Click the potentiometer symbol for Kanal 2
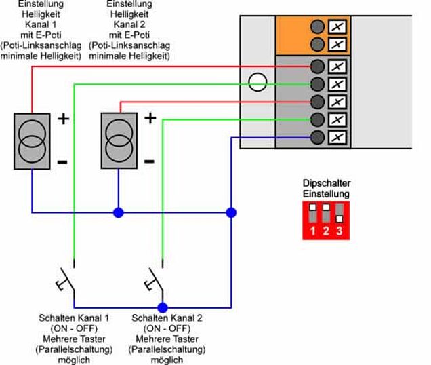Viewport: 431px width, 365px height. pyautogui.click(x=119, y=141)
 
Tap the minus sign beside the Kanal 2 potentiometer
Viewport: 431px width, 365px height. pyautogui.click(x=149, y=161)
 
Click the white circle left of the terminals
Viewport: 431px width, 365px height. pyautogui.click(x=257, y=83)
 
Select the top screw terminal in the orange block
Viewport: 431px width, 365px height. pyautogui.click(x=317, y=27)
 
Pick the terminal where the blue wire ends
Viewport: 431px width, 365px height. pyautogui.click(x=317, y=137)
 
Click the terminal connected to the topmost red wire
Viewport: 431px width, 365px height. pyautogui.click(x=317, y=66)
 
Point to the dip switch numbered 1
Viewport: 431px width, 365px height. pyautogui.click(x=312, y=216)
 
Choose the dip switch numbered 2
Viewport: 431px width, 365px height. pyautogui.click(x=326, y=216)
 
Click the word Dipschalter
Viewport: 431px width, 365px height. pyautogui.click(x=327, y=183)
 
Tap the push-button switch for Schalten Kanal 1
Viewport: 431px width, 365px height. pyautogui.click(x=66, y=280)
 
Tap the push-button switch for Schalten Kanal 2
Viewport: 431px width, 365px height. pyautogui.click(x=154, y=280)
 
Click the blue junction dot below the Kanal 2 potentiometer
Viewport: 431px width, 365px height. pyautogui.click(x=119, y=212)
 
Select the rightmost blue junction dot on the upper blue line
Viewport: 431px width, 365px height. pyautogui.click(x=231, y=212)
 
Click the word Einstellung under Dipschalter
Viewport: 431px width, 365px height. pyautogui.click(x=327, y=193)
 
